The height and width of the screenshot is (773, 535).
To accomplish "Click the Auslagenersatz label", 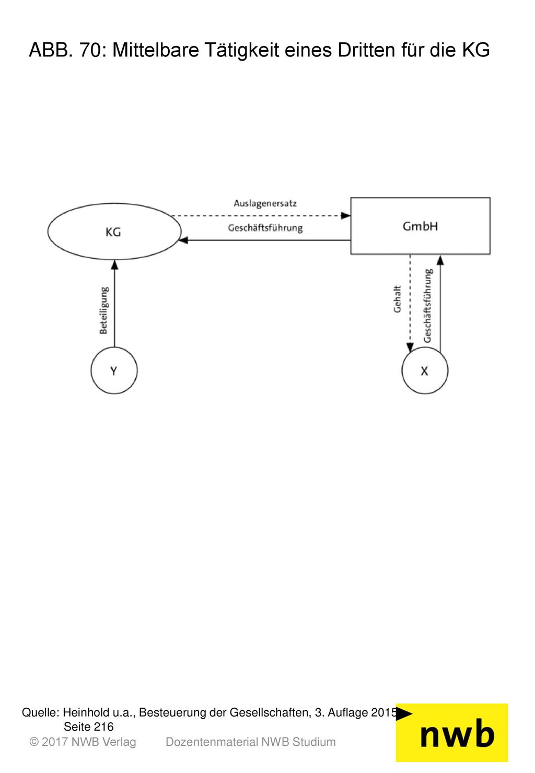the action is pos(265,203).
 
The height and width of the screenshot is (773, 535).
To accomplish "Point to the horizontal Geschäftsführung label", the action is pos(265,228).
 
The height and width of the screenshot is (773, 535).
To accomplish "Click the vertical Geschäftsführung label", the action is pos(428,305).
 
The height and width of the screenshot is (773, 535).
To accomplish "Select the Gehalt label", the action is pos(397,299).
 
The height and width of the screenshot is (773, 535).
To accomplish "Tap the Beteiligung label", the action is pos(104,310).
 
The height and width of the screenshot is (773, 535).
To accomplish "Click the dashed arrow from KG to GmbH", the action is pos(261,216).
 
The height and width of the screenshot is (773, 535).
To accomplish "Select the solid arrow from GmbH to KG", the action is pos(264,240).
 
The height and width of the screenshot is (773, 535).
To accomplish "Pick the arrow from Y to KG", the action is pos(114,303).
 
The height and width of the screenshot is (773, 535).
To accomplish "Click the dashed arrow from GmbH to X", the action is pos(410,303).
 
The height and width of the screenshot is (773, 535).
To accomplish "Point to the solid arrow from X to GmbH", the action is pos(440,304).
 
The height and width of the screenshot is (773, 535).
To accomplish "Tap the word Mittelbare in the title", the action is pos(156,50).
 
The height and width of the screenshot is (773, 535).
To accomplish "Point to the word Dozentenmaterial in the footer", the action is pos(212,742).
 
